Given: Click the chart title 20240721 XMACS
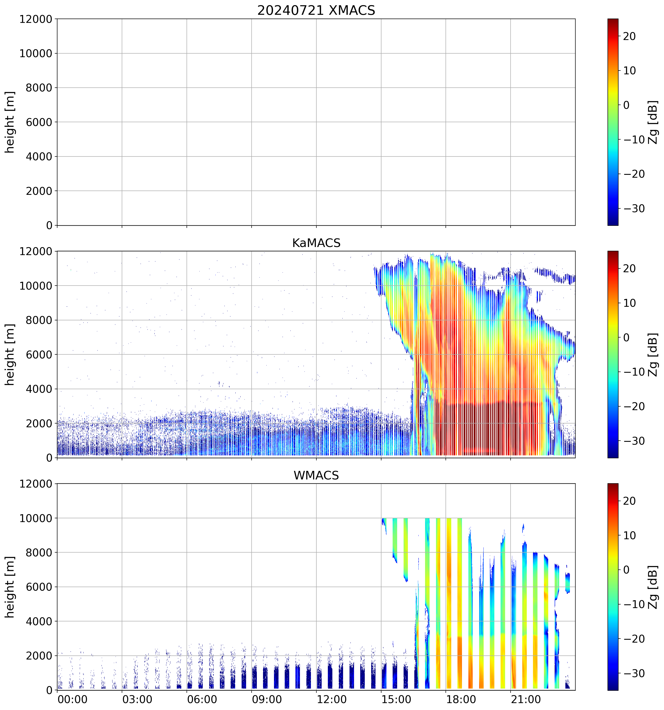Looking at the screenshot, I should [x=316, y=10].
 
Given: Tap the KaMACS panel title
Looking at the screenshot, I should [x=316, y=243].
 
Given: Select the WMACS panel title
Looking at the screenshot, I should [x=316, y=475].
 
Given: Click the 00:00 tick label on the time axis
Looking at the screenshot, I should [x=72, y=699].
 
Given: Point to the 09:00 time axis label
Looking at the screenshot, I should [x=267, y=699].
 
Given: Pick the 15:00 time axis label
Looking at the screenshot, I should [x=396, y=699].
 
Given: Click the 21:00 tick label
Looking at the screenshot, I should [x=526, y=699].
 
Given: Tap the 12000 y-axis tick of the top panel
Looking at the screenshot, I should [x=36, y=19].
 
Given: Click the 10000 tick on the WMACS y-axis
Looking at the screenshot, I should [x=36, y=518].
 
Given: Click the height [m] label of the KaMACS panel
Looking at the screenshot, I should [x=10, y=354].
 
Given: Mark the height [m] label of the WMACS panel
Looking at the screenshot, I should [x=10, y=587].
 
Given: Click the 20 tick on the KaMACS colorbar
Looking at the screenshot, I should [x=629, y=269].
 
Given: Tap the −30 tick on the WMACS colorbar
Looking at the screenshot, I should [x=634, y=674].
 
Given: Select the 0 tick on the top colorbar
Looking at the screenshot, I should [x=626, y=105].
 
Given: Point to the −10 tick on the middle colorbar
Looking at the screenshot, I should [x=634, y=372].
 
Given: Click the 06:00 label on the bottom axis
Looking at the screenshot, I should [x=202, y=699].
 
